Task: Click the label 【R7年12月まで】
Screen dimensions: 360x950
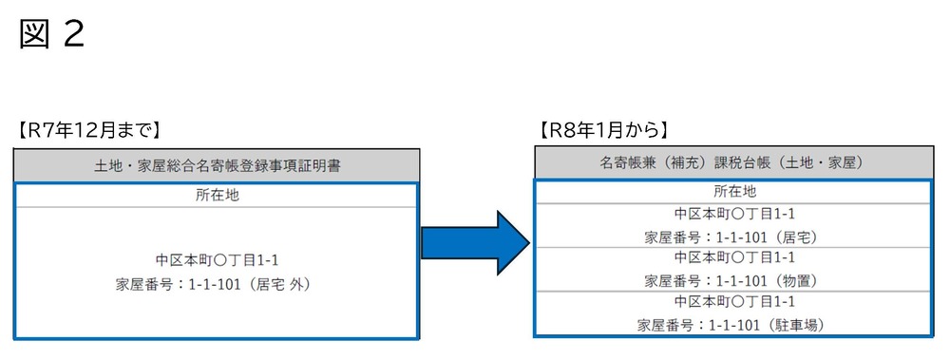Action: click(88, 129)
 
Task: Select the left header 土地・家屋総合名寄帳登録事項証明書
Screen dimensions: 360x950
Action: click(217, 165)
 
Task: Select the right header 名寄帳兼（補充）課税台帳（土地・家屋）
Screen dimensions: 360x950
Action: click(733, 163)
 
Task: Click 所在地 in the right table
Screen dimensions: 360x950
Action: click(733, 191)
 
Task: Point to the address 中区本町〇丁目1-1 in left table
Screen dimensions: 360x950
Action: click(217, 259)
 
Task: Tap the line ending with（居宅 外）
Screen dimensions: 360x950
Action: click(217, 283)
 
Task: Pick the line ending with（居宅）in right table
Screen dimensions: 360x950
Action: click(733, 237)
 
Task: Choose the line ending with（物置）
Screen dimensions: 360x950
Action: click(733, 280)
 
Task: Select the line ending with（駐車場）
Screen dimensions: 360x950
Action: click(733, 325)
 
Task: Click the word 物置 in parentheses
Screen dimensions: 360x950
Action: click(796, 280)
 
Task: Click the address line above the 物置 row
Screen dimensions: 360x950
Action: click(733, 257)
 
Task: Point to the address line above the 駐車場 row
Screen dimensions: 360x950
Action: click(733, 302)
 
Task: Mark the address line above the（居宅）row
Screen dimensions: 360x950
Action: click(733, 214)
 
